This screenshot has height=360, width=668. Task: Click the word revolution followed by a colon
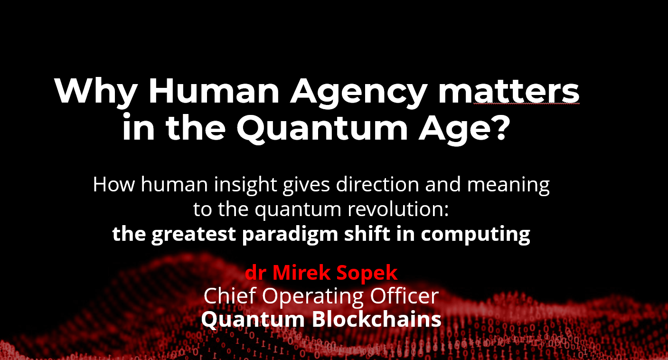(398, 209)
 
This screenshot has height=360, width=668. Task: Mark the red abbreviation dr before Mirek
(256, 273)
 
